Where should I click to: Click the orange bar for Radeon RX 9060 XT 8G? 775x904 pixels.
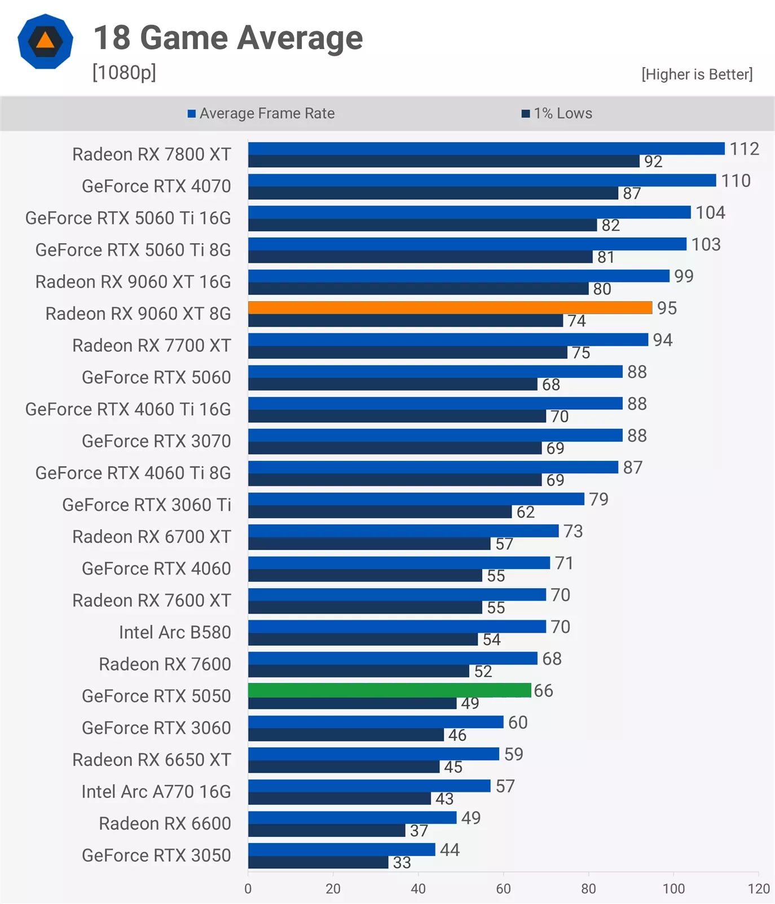(x=450, y=307)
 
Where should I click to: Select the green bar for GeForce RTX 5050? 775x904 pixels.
(x=390, y=690)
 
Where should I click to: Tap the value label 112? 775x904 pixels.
(x=745, y=149)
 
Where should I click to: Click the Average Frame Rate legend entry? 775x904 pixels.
(x=261, y=113)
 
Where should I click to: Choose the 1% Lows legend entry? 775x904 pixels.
(x=557, y=113)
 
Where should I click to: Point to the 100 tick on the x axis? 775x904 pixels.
(x=673, y=889)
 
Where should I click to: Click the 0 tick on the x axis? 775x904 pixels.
(x=248, y=889)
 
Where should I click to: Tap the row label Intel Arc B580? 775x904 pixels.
(x=175, y=632)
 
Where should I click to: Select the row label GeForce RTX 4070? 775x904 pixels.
(x=156, y=186)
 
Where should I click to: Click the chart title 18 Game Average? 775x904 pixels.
(x=228, y=38)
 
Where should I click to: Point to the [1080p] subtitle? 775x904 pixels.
(x=124, y=73)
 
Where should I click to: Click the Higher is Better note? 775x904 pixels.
(x=697, y=74)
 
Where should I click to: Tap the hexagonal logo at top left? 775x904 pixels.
(x=45, y=42)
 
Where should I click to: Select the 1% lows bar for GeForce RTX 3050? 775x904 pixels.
(x=318, y=862)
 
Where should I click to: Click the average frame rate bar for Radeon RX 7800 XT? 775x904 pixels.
(x=486, y=148)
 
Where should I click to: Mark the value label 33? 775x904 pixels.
(x=402, y=863)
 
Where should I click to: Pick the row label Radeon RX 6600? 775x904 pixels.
(x=165, y=823)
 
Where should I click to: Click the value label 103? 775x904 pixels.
(x=706, y=244)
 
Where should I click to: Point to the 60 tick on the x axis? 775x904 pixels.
(x=503, y=889)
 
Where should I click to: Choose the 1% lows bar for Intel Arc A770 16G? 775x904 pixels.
(x=340, y=799)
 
